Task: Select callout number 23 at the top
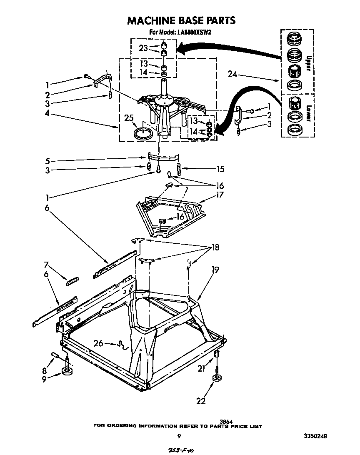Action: pos(143,48)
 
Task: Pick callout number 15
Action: pos(220,169)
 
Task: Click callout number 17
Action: pos(220,195)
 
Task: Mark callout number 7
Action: pos(47,264)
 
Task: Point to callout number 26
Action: pos(98,344)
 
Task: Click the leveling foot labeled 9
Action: pos(67,371)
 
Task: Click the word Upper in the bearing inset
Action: pos(308,63)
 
